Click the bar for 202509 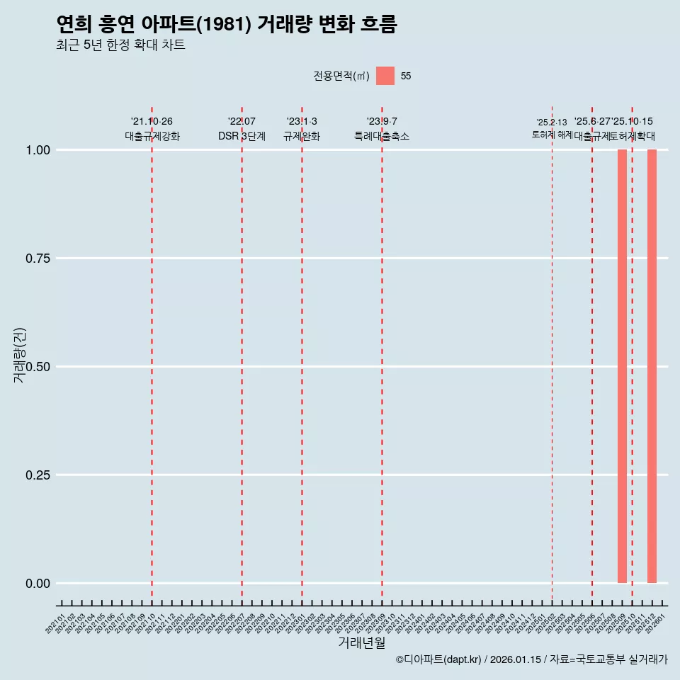(622, 366)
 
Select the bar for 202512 (652, 366)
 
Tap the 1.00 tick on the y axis (37, 150)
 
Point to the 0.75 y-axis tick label (37, 259)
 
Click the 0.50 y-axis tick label (37, 367)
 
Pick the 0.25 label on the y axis (37, 475)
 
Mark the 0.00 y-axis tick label (37, 584)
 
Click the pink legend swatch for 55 (385, 76)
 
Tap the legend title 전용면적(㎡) (341, 76)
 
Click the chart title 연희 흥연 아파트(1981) (227, 25)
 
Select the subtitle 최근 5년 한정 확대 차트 (120, 45)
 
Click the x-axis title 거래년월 (361, 643)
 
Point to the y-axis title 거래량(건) (20, 354)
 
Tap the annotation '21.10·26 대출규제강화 (152, 129)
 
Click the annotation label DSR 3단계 (242, 136)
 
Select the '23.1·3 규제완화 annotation (302, 129)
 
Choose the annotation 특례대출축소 (382, 136)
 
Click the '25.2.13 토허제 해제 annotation (552, 129)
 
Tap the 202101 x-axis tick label (56, 625)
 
